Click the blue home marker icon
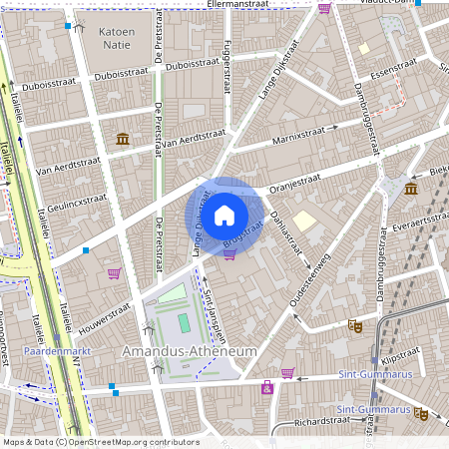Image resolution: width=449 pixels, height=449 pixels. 224,215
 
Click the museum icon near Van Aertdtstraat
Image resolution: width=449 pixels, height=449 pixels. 122,138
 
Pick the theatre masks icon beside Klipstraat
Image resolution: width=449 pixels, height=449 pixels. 354,325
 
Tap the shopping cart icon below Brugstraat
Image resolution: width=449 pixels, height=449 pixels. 229,254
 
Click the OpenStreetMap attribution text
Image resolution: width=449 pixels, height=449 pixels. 101,441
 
